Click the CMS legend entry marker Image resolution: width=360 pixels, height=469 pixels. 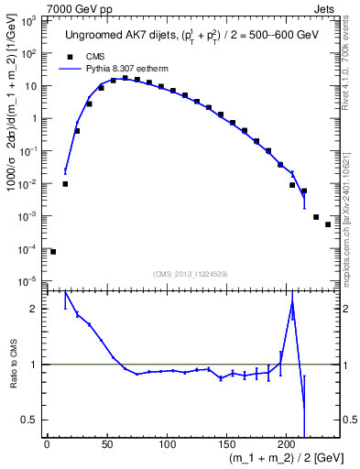[x=65, y=57]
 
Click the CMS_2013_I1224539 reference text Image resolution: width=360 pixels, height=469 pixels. [x=191, y=272]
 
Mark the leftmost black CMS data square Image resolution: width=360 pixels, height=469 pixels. [x=53, y=252]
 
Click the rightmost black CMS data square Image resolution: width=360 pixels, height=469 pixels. [x=328, y=224]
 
